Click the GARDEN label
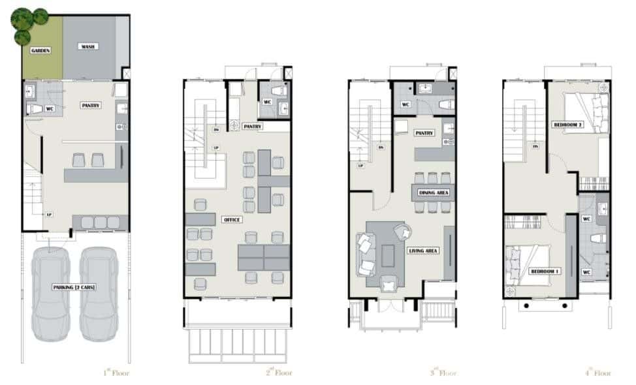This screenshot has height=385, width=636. click(x=40, y=50)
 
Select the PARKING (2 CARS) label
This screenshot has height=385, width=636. click(x=75, y=287)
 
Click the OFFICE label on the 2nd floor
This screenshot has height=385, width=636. click(x=232, y=220)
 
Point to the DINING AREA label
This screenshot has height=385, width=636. click(x=434, y=192)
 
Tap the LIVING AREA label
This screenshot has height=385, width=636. click(x=422, y=251)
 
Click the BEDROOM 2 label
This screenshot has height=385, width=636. click(x=567, y=125)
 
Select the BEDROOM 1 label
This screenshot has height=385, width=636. click(x=545, y=271)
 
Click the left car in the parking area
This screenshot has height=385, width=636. click(x=51, y=294)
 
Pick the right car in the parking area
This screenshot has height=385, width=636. click(x=99, y=294)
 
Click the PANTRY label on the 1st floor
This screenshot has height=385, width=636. click(x=91, y=105)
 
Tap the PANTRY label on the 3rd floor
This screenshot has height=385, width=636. click(x=424, y=133)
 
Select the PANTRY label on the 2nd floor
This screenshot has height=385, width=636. click(x=252, y=126)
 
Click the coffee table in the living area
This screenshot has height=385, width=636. click(x=389, y=255)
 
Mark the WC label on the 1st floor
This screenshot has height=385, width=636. click(x=50, y=108)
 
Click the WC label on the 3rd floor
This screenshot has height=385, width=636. click(x=405, y=104)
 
